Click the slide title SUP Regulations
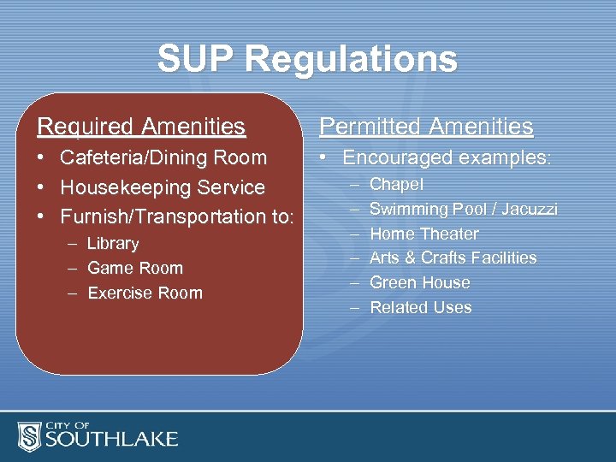pos(307,60)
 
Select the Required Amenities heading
pos(141,127)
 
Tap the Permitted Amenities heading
pos(426,127)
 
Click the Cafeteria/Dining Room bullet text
pos(163,157)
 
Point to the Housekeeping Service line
pos(162,187)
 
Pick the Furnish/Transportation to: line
pos(176,216)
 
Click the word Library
pos(113,244)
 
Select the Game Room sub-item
pos(135,268)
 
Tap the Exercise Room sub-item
pos(145,293)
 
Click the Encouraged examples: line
pos(447,157)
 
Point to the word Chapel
pos(397,185)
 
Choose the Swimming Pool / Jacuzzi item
pos(463,209)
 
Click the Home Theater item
pos(423,234)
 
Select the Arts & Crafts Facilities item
pos(453,258)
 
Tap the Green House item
pos(419,282)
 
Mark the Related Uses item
pos(420,307)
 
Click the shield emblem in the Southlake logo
pos(30,436)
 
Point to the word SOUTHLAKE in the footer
pos(111,440)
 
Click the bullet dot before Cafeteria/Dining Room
pos(42,158)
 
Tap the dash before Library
pos(72,244)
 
